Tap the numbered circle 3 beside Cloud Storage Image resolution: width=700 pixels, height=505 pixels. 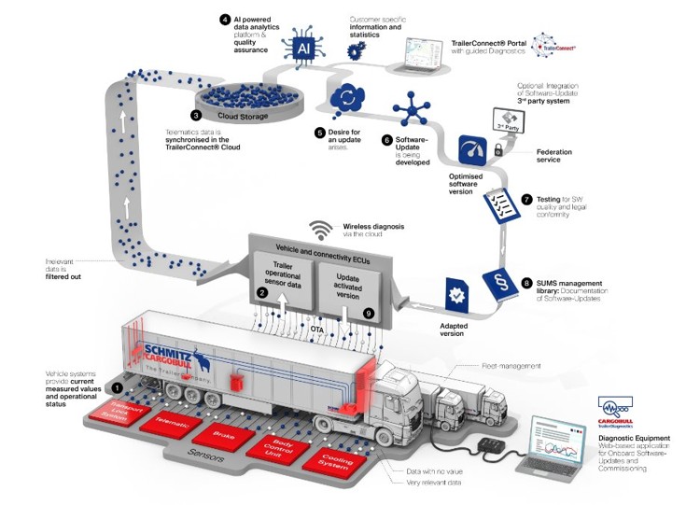coord(196,116)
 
